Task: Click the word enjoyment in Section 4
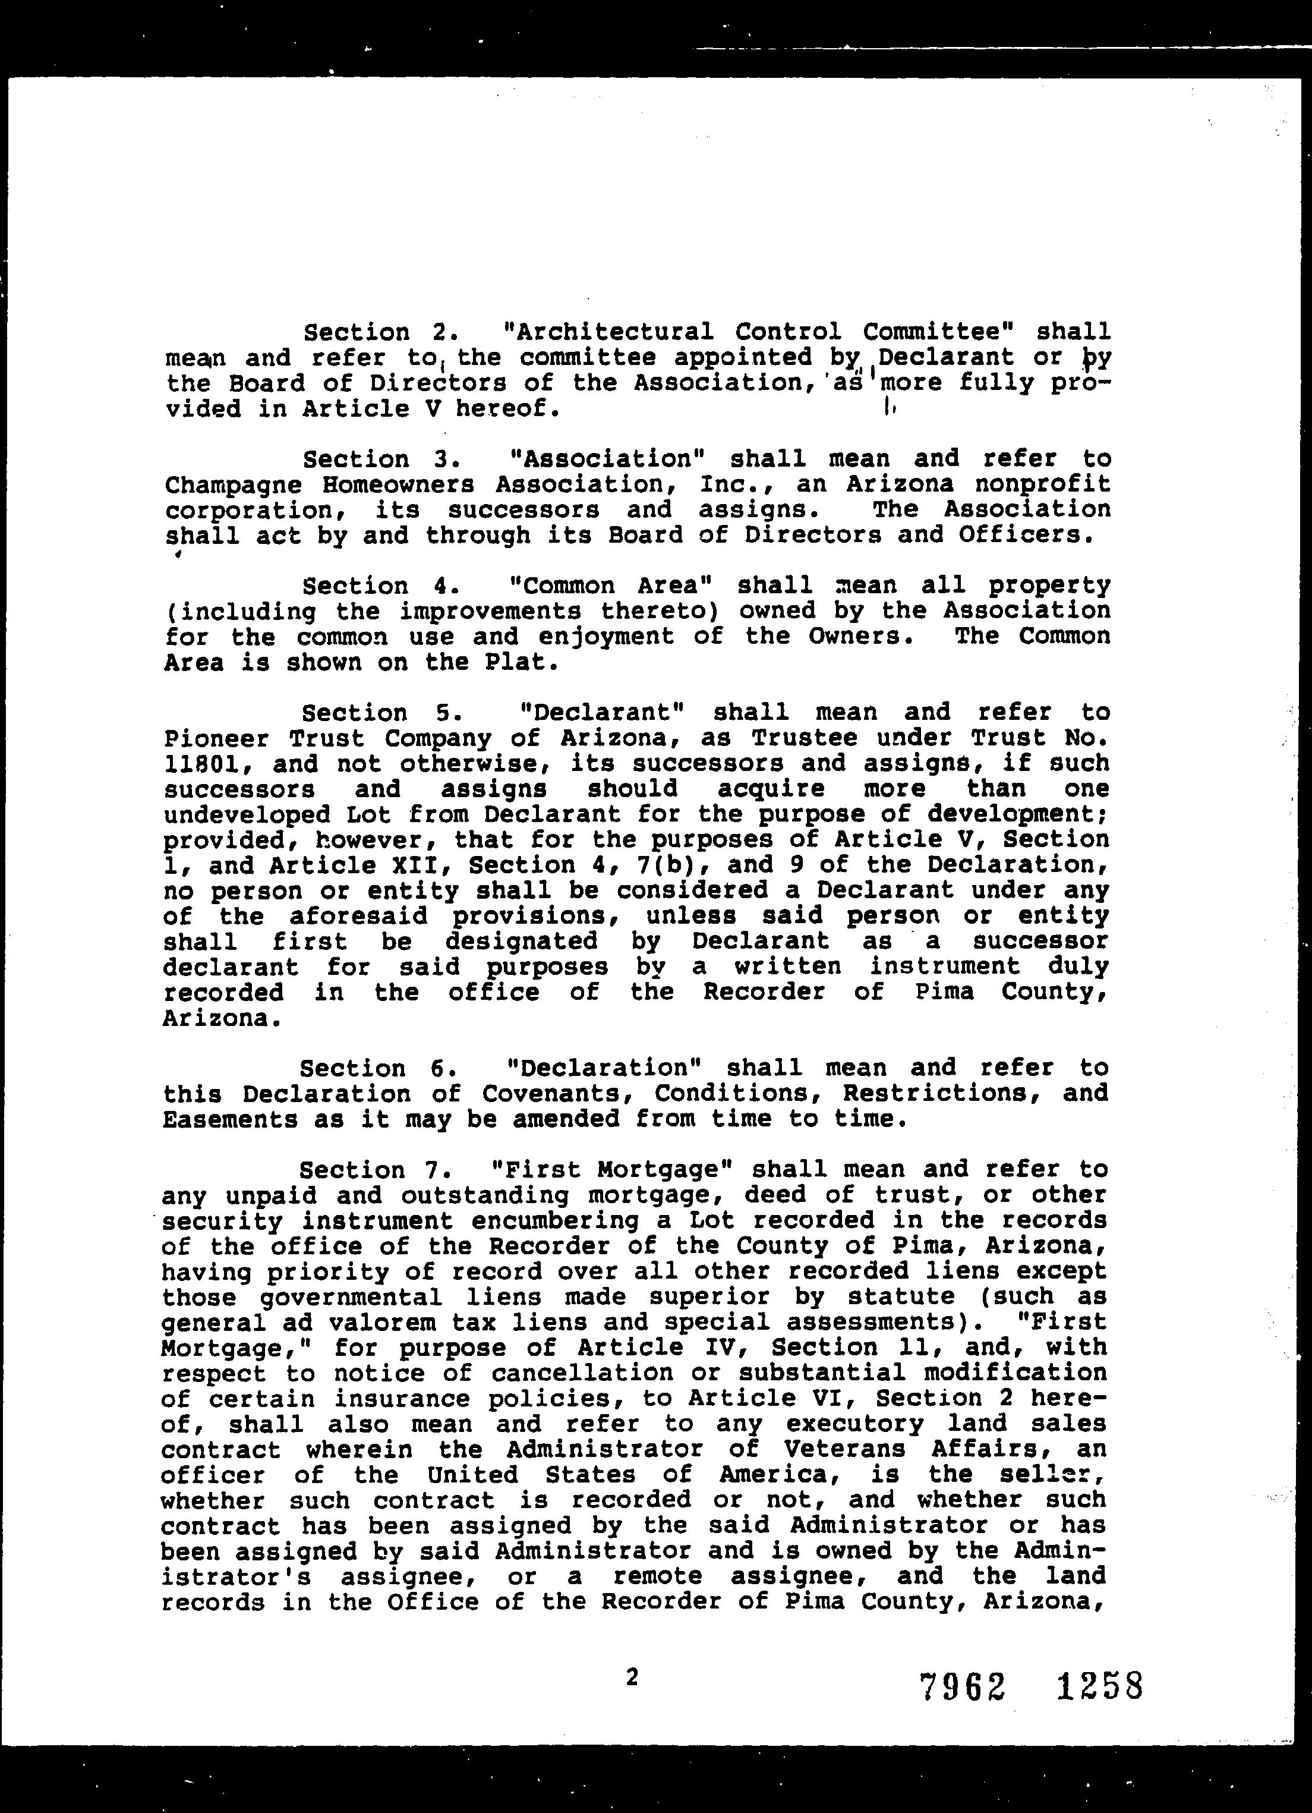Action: (605, 637)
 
